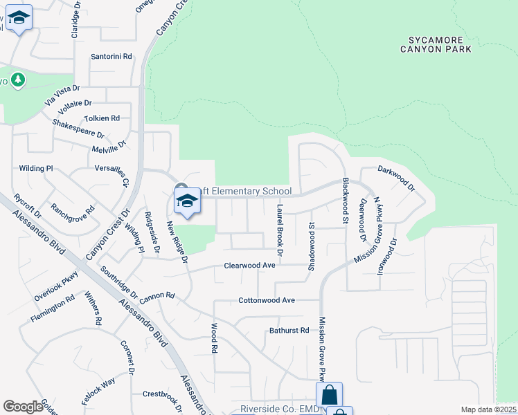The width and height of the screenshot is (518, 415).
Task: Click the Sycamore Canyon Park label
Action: (436, 44)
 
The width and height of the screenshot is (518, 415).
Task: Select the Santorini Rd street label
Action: (111, 57)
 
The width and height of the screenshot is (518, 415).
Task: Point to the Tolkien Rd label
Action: (102, 118)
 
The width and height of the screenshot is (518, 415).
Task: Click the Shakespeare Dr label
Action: (78, 129)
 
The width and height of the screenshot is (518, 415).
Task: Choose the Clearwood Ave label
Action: (250, 265)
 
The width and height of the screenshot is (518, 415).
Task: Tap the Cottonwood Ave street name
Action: (267, 300)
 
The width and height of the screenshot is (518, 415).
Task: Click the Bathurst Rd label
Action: (289, 331)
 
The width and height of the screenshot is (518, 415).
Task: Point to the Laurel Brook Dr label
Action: (280, 222)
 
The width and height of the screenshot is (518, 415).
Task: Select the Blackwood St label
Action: (344, 201)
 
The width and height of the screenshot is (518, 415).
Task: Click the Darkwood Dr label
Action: (396, 178)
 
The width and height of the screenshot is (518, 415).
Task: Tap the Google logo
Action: (23, 407)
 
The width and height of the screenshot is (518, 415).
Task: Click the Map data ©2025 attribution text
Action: (488, 409)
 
